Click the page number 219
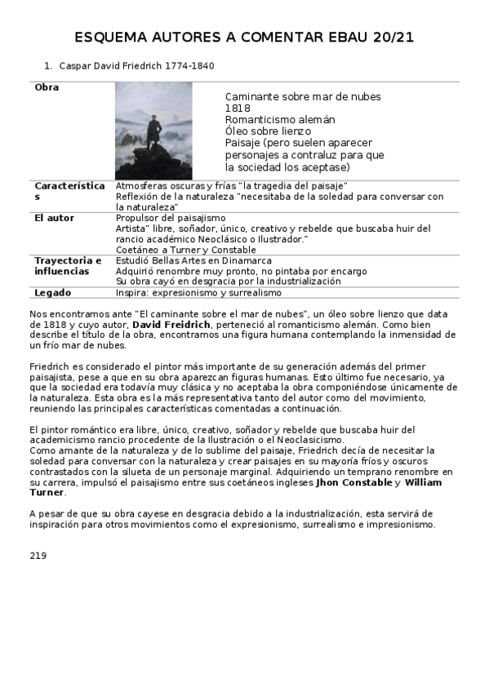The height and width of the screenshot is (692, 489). (37, 556)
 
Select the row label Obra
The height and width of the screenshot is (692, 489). (47, 87)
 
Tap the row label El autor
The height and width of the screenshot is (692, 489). (54, 218)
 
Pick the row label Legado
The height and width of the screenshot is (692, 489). (52, 292)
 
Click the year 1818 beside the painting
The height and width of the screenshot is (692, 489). (238, 108)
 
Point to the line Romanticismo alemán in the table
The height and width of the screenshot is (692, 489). (280, 119)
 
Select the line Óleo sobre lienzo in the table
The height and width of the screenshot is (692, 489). (268, 131)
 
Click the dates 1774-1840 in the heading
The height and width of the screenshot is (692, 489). (190, 65)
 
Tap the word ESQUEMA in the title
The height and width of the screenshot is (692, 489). (117, 38)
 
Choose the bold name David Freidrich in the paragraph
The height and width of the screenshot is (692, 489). (171, 325)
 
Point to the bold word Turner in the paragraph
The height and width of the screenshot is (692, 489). (47, 492)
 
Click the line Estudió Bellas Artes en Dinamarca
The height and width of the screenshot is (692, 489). (193, 260)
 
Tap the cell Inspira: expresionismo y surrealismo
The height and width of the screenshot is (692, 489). (198, 292)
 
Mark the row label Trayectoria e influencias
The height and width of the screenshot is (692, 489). (68, 265)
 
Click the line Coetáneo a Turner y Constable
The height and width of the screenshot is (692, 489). (184, 250)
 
